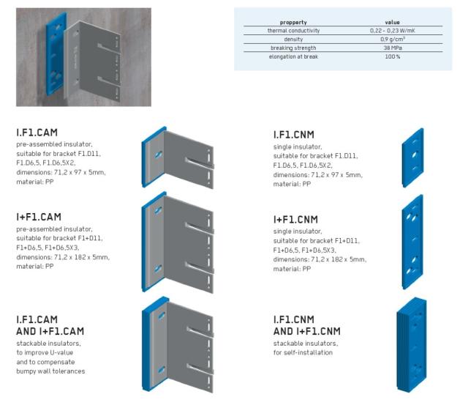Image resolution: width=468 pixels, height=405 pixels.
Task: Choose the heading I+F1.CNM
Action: pyautogui.click(x=296, y=220)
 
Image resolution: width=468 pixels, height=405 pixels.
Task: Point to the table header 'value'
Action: pyautogui.click(x=392, y=23)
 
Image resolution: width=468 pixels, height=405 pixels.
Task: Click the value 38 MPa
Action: pyautogui.click(x=392, y=48)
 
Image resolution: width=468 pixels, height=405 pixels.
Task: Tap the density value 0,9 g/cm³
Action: pyautogui.click(x=392, y=39)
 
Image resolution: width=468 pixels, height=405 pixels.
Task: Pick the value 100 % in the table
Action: pyautogui.click(x=392, y=56)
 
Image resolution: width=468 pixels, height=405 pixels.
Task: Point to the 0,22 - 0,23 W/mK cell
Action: pyautogui.click(x=392, y=31)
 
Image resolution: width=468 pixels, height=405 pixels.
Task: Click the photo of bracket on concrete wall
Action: pyautogui.click(x=83, y=57)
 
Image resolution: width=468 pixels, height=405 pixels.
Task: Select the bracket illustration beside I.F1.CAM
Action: pyautogui.click(x=179, y=160)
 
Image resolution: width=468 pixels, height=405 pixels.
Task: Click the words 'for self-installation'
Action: pyautogui.click(x=303, y=353)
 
